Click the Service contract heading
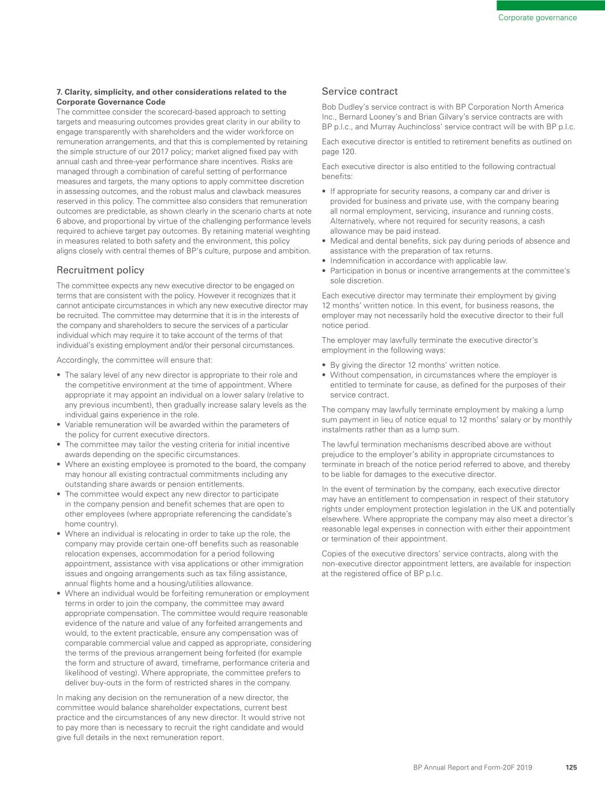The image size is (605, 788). [360, 91]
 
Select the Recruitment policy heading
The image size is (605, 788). [100, 270]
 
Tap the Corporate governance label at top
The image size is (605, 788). [537, 17]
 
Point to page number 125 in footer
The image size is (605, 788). [571, 767]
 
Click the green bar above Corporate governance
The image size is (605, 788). [551, 5]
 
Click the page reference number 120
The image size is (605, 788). [349, 152]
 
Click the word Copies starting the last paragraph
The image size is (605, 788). [334, 554]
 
